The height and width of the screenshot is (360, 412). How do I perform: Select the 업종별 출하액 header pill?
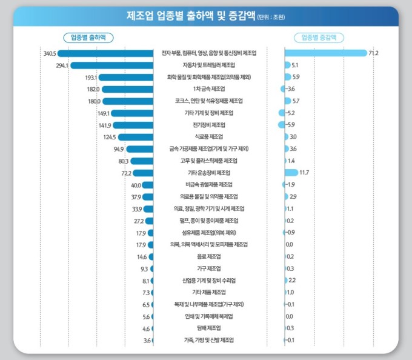click(x=88, y=37)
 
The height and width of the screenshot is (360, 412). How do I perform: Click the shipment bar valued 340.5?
click(x=106, y=53)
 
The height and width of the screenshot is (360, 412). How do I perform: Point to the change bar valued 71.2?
click(x=326, y=53)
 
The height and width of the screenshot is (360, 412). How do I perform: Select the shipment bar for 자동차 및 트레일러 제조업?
click(x=113, y=65)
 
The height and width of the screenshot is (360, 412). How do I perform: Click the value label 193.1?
click(x=90, y=77)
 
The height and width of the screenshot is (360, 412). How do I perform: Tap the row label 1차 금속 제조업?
click(x=209, y=89)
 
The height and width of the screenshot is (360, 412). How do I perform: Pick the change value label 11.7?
click(x=304, y=173)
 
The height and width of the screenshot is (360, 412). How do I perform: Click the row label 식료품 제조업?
click(x=209, y=137)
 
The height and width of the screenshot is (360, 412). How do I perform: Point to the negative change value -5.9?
click(x=290, y=125)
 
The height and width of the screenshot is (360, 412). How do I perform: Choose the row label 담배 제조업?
click(x=209, y=328)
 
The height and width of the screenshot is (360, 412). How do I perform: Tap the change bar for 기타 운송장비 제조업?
click(x=291, y=173)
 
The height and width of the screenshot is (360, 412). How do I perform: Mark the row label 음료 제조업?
click(x=209, y=256)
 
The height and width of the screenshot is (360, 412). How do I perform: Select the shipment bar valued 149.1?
click(x=133, y=113)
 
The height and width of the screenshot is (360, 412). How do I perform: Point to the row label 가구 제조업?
click(x=209, y=268)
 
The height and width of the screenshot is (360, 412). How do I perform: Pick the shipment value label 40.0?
click(x=136, y=185)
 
